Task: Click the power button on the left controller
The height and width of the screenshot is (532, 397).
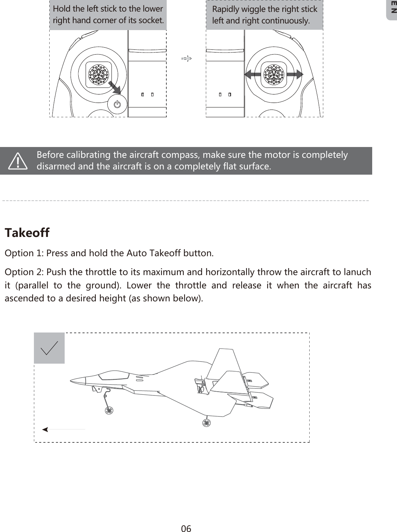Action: (117, 104)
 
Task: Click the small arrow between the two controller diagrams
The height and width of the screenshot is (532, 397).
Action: (187, 58)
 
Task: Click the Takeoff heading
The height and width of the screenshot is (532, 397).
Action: (27, 233)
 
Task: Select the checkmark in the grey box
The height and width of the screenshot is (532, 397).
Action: (49, 348)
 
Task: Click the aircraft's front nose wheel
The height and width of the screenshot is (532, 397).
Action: (109, 410)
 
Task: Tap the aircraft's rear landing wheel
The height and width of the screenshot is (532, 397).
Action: (207, 423)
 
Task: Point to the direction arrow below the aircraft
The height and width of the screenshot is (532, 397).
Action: (63, 429)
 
